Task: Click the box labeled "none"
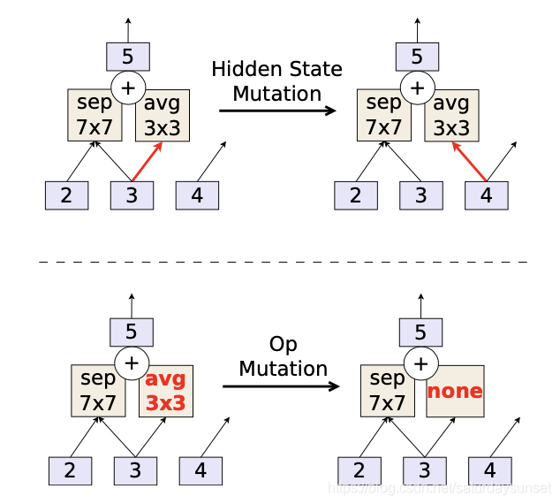[x=455, y=391]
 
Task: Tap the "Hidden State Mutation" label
[x=276, y=80]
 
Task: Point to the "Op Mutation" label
[x=283, y=356]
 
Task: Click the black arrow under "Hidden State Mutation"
[x=276, y=111]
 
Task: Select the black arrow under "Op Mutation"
[x=281, y=386]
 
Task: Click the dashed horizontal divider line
[x=283, y=262]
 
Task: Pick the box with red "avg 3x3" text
[x=165, y=391]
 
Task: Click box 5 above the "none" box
[x=420, y=332]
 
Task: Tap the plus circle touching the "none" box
[x=420, y=363]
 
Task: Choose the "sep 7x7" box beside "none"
[x=387, y=391]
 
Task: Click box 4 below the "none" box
[x=489, y=470]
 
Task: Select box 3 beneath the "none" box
[x=424, y=470]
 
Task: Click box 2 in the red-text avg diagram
[x=70, y=470]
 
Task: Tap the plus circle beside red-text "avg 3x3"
[x=132, y=363]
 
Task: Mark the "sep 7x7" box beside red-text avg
[x=97, y=391]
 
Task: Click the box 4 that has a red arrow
[x=487, y=195]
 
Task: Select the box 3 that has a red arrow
[x=132, y=195]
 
